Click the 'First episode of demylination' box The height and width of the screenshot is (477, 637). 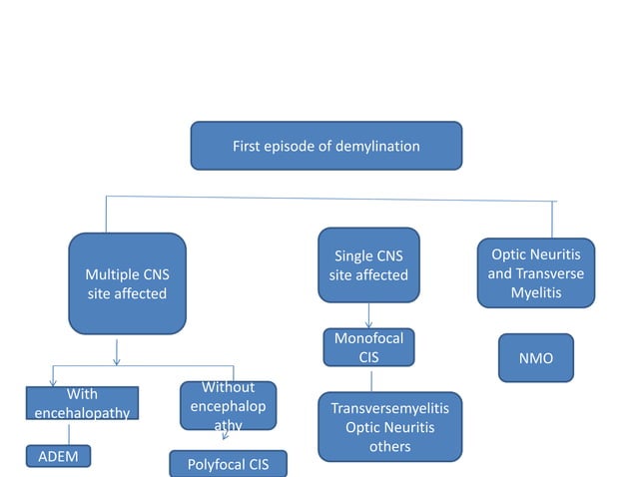[x=325, y=146]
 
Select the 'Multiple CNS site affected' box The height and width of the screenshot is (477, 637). [x=127, y=283]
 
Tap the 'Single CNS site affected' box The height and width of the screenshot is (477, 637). [x=368, y=264]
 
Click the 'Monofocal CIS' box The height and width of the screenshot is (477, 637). [x=368, y=347]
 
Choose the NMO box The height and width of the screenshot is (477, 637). [x=536, y=357]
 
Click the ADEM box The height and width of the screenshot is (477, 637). [x=59, y=456]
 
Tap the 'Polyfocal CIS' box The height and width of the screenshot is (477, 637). [x=228, y=464]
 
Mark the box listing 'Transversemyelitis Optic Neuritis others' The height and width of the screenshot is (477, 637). [x=389, y=427]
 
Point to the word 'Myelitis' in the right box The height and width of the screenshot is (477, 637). [x=535, y=293]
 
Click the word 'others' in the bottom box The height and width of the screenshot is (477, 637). [x=389, y=446]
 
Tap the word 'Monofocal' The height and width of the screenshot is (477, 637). [x=368, y=338]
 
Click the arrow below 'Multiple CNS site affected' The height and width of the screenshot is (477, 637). [x=118, y=351]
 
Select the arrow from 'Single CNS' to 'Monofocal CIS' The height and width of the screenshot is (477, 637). [x=368, y=315]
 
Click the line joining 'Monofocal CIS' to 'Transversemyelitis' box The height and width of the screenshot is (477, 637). [x=371, y=380]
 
